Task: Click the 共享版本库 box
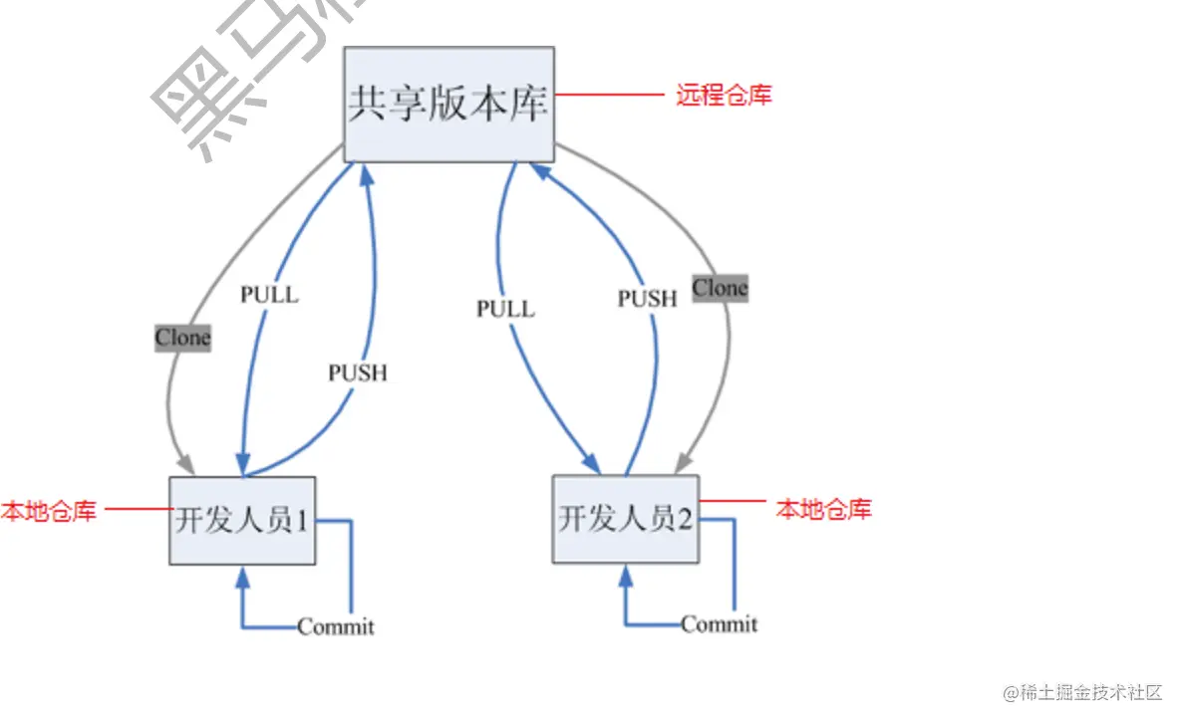coord(448,105)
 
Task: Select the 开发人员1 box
coord(243,520)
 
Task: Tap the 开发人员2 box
coord(625,519)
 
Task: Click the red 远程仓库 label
coord(724,96)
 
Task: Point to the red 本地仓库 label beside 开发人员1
coord(49,512)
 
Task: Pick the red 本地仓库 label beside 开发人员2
coord(823,509)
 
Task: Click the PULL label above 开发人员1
coord(269,295)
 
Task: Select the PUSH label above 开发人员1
coord(357,373)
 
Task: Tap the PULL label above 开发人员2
coord(505,309)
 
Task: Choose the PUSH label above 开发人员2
coord(647,298)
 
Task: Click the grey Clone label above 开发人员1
coord(182,338)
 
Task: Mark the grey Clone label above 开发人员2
coord(720,288)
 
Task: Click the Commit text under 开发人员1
coord(336,626)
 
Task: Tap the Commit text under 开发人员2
coord(719,624)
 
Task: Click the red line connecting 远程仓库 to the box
coord(609,96)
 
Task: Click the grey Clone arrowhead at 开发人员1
coord(185,465)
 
